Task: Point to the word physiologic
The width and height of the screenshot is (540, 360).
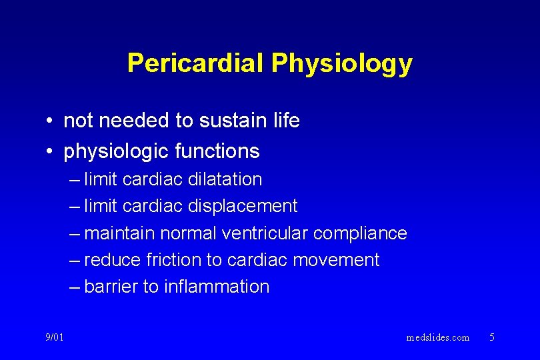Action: pos(116,152)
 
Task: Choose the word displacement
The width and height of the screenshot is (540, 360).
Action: pos(243,207)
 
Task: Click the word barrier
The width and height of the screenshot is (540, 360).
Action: pos(111,287)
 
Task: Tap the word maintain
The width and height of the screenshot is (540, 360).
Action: pos(119,233)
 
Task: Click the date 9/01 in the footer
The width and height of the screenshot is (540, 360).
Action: pos(55,337)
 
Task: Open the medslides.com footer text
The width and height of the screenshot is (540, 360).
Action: pos(437,337)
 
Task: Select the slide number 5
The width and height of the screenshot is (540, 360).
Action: pos(492,337)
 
